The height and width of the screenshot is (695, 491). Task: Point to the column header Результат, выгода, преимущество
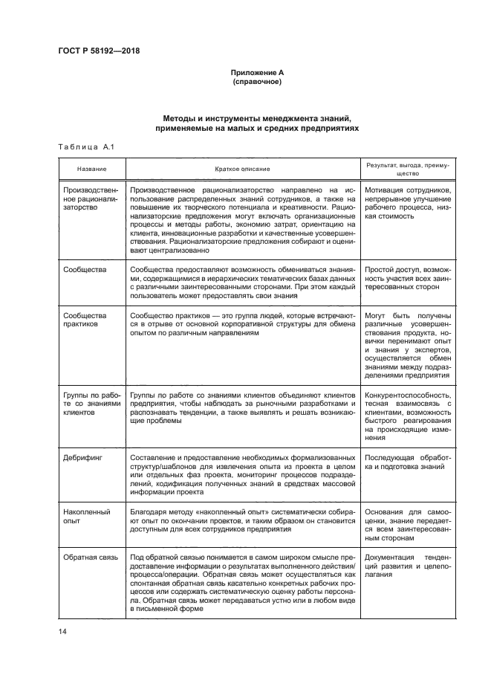click(409, 169)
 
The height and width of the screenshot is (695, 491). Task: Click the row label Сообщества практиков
click(85, 320)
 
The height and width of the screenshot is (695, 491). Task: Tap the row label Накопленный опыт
click(87, 517)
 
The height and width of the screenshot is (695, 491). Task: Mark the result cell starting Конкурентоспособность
click(409, 418)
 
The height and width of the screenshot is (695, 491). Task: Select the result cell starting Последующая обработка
click(409, 462)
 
